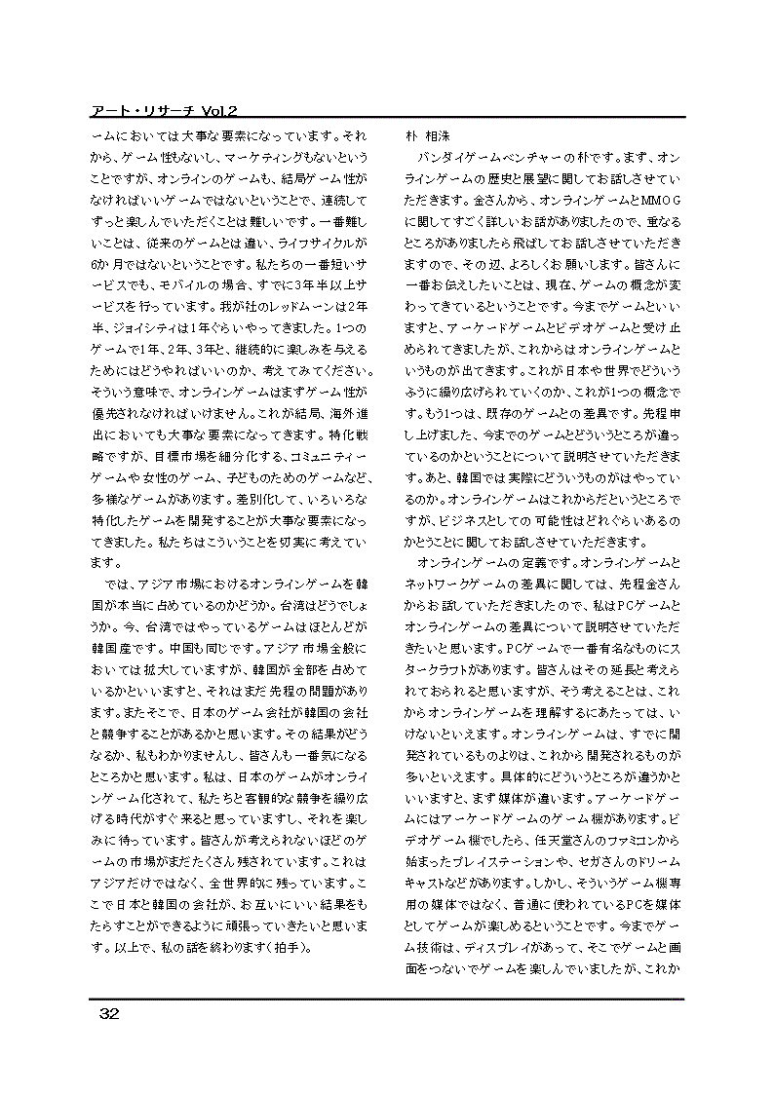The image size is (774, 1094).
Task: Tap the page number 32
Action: pyautogui.click(x=108, y=1014)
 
